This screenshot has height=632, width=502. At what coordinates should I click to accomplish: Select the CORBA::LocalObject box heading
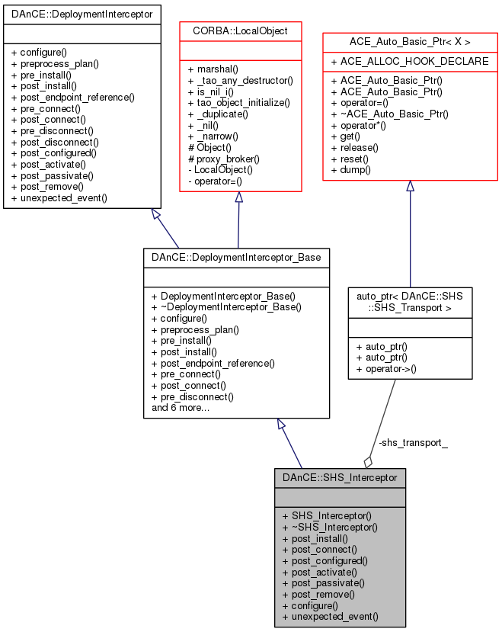tap(238, 31)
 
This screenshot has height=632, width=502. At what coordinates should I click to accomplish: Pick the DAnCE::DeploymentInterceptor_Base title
tap(236, 257)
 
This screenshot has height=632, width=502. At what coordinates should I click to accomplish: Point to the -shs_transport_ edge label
tap(412, 443)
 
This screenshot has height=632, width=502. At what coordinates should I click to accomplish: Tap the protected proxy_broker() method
tap(224, 159)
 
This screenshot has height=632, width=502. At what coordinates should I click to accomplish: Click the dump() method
tap(350, 169)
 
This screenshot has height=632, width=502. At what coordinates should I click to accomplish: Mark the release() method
tap(354, 147)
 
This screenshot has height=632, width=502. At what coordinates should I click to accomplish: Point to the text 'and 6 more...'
tap(181, 408)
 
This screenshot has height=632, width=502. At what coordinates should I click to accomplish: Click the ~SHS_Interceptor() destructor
tap(329, 527)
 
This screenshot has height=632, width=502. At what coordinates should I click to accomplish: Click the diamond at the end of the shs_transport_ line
tap(369, 461)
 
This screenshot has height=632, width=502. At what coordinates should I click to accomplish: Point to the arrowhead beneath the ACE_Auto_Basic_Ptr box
tap(410, 186)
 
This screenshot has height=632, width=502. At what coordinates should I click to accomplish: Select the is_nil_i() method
tap(216, 91)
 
